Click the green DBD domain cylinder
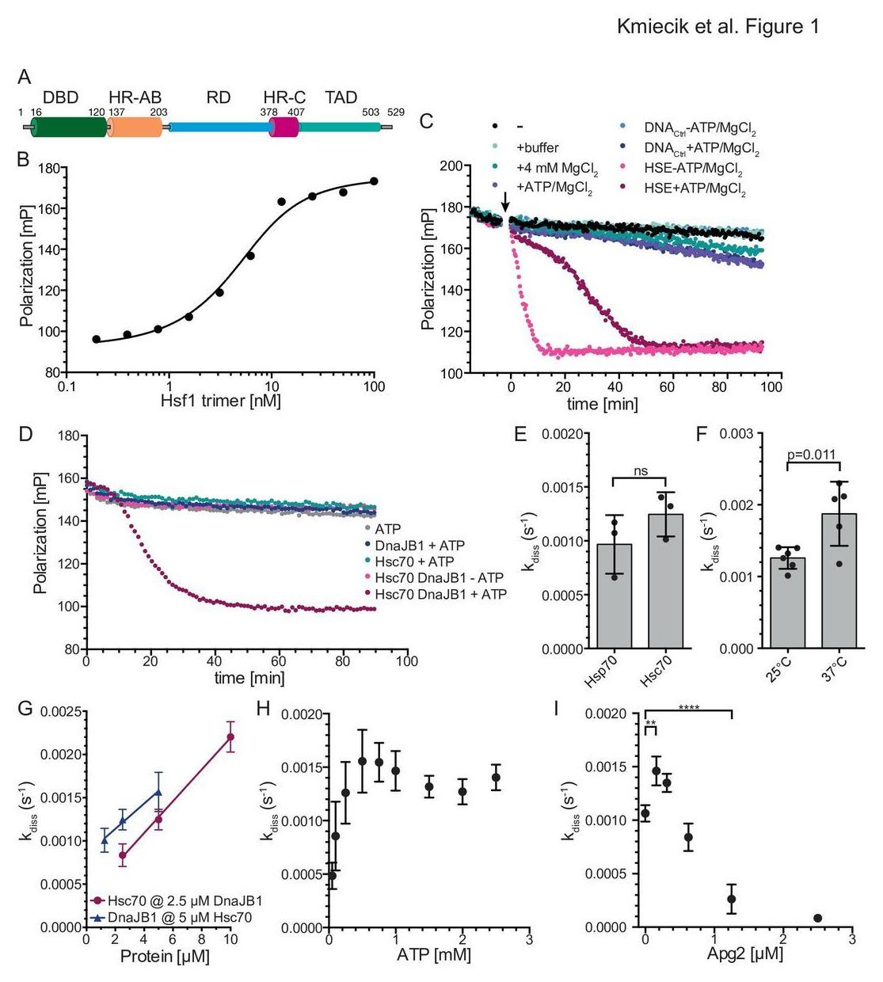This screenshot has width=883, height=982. [x=68, y=127]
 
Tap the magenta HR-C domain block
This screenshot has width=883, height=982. [x=284, y=127]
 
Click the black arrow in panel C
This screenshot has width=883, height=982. [x=506, y=202]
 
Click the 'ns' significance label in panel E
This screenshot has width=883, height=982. [x=641, y=471]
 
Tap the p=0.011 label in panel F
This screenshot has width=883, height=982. [x=812, y=455]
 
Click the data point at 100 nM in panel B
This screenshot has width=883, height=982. [x=374, y=181]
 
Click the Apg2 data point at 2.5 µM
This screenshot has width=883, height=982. [x=817, y=918]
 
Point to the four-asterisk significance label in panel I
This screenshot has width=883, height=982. [x=688, y=707]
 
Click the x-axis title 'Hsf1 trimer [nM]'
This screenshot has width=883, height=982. [x=220, y=401]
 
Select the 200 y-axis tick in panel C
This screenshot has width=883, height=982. [x=451, y=166]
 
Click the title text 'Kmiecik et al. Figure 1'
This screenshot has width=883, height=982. [x=717, y=27]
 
